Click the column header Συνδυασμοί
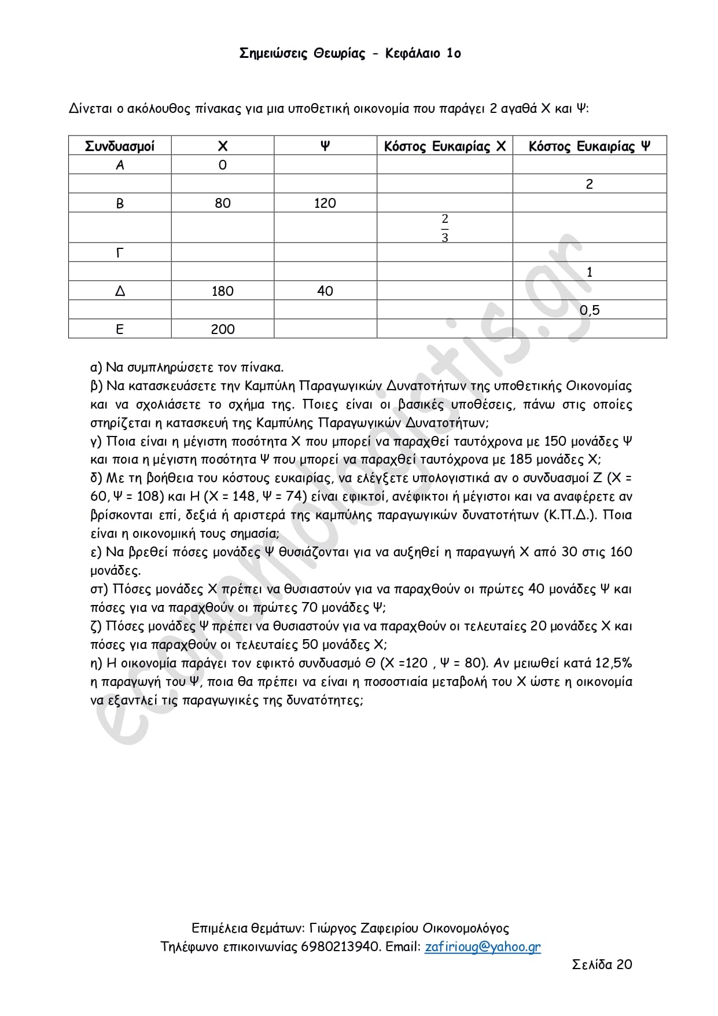[x=120, y=146]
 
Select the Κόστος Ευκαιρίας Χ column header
[x=444, y=146]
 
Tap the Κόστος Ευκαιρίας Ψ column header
[x=589, y=146]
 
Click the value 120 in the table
[x=325, y=203]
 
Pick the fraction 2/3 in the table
[x=444, y=228]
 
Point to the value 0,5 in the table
[x=590, y=310]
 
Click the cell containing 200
[x=223, y=329]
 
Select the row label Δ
[x=120, y=291]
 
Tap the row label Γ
[x=120, y=253]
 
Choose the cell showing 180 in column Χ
[x=223, y=291]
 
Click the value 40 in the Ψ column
[x=325, y=291]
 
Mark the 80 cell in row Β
[x=223, y=203]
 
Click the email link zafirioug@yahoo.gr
[x=483, y=947]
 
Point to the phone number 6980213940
[x=341, y=947]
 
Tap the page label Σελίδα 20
[x=602, y=964]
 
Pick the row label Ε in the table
[x=120, y=329]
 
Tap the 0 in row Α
[x=223, y=165]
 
